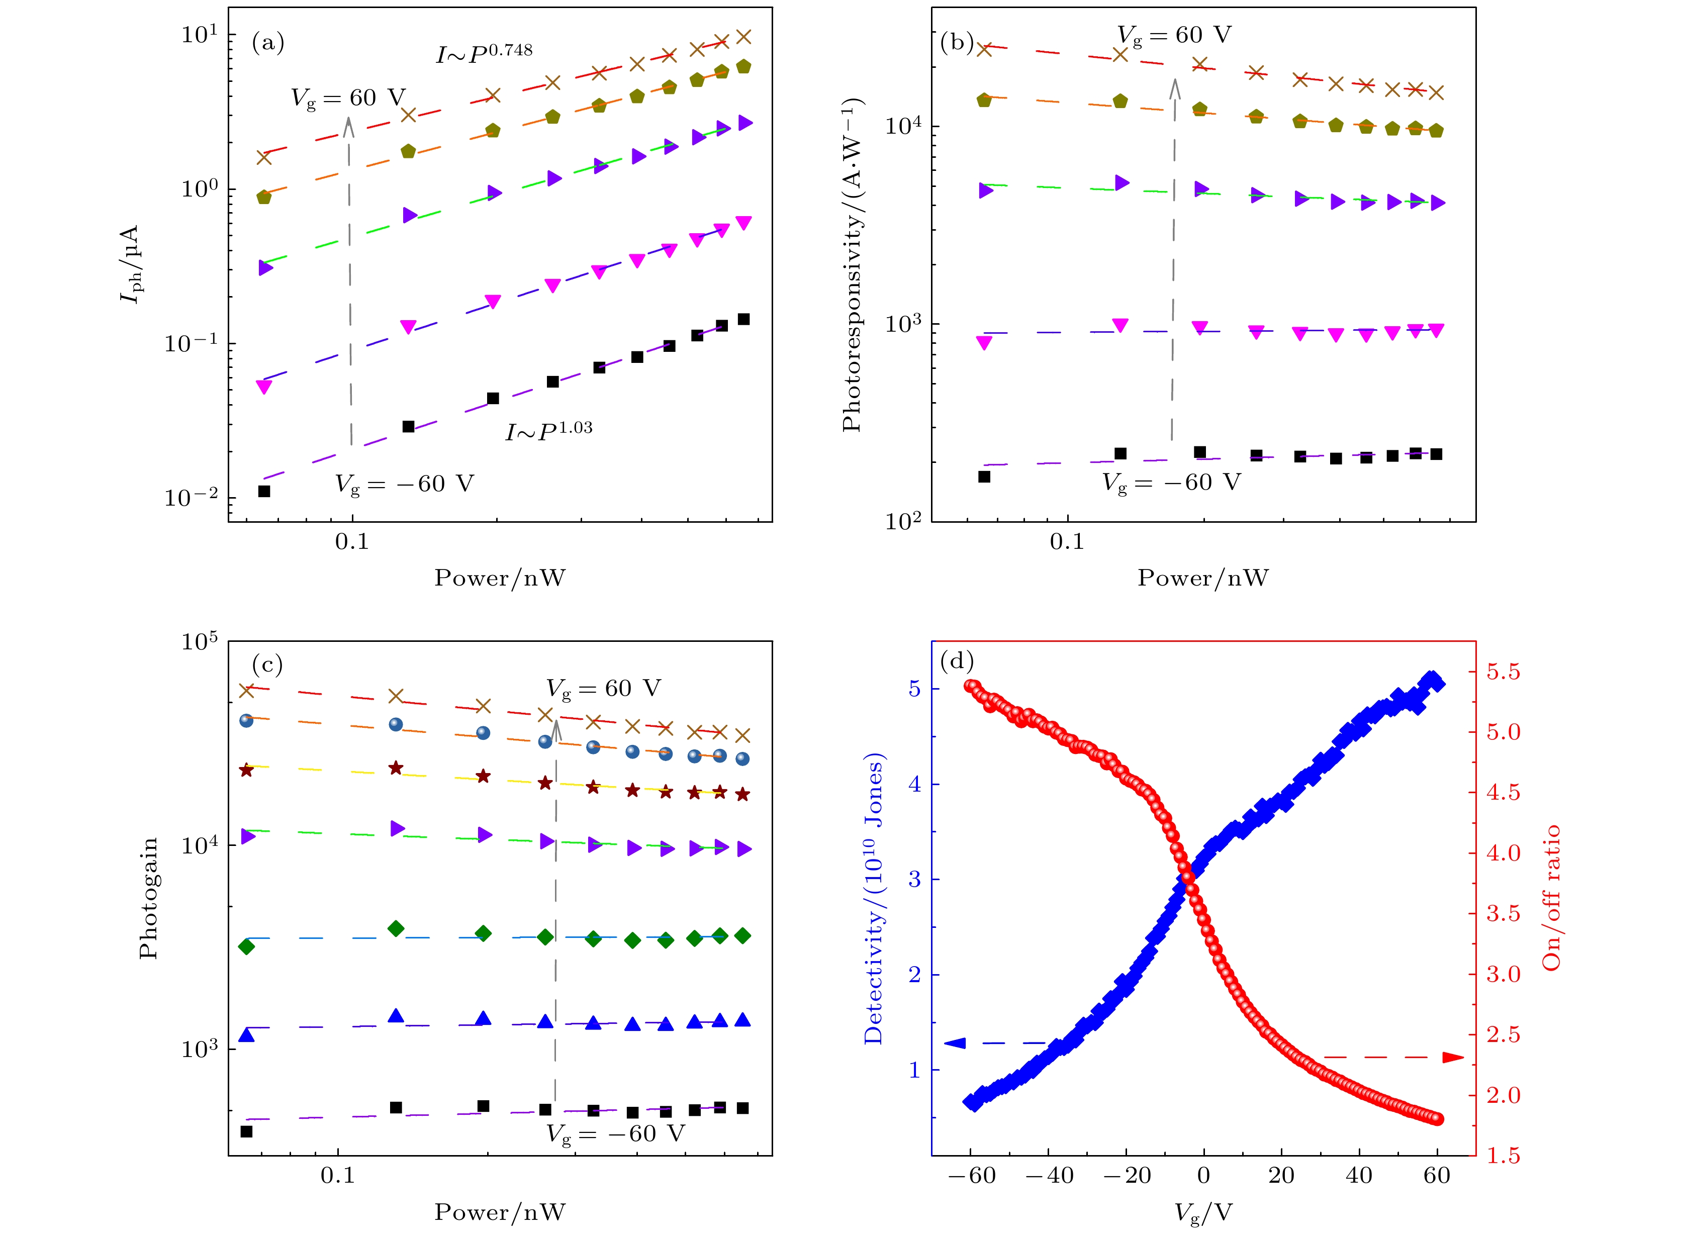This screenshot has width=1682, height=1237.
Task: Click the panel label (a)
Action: [267, 43]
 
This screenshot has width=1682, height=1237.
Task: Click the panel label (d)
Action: [956, 660]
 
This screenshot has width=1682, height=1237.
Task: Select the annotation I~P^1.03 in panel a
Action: [549, 431]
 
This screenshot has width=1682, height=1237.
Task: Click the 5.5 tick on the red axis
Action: [1503, 672]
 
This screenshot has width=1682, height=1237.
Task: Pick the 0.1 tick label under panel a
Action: [352, 541]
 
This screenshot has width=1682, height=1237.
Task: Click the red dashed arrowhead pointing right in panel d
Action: [1453, 1057]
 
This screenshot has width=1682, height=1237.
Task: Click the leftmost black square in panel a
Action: [263, 491]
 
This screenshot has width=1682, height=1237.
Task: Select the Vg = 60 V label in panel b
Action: [1173, 35]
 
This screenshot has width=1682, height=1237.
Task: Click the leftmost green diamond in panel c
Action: [246, 946]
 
